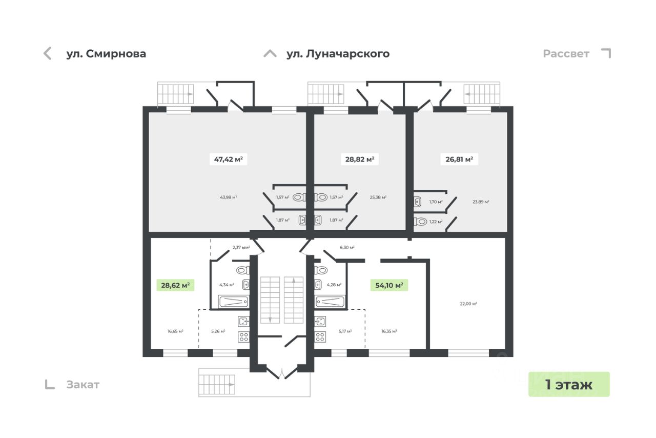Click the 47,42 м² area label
click(x=228, y=160)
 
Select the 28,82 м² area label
click(x=359, y=160)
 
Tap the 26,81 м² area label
click(x=459, y=160)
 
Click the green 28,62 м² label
click(x=175, y=285)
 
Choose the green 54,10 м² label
click(x=389, y=285)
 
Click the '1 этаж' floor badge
click(x=569, y=384)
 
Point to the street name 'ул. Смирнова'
click(x=106, y=54)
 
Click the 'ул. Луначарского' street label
click(x=338, y=54)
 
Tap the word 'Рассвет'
click(x=566, y=54)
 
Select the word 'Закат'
click(x=83, y=385)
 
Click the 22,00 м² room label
click(x=468, y=304)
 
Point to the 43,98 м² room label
click(x=228, y=197)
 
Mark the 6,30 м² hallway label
click(x=347, y=247)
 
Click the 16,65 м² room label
click(x=175, y=331)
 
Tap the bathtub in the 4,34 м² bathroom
click(x=234, y=301)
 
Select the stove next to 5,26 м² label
click(x=243, y=337)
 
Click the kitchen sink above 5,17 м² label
click(x=320, y=322)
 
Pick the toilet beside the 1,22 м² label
click(x=421, y=222)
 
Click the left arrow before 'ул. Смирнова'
click(x=48, y=53)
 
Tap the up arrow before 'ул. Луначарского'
click(x=270, y=53)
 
